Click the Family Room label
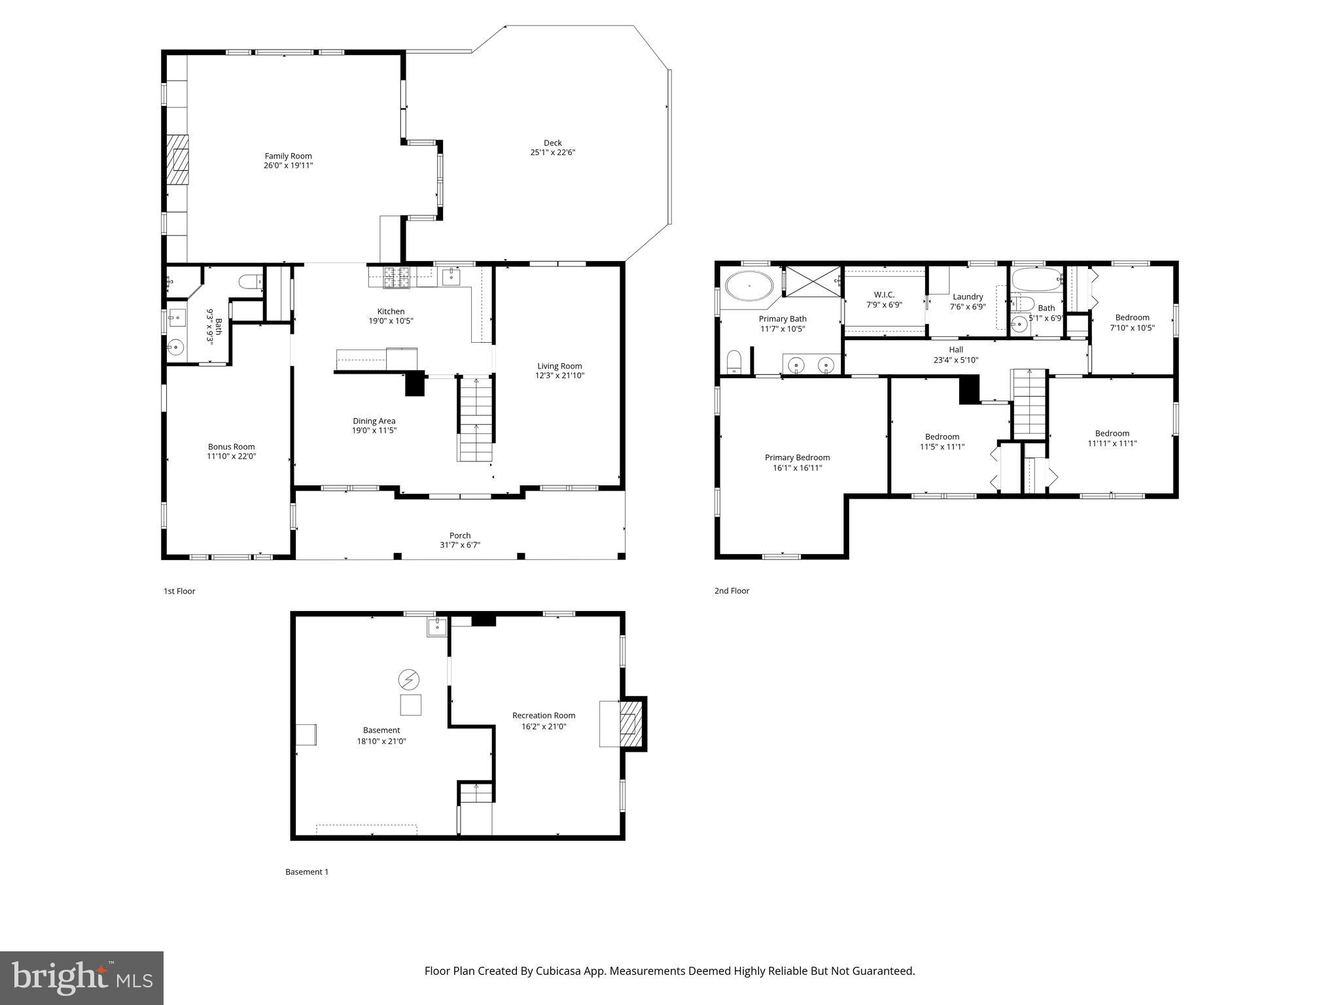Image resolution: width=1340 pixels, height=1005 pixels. point(288,156)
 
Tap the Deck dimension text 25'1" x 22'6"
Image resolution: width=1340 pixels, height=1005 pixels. point(552,152)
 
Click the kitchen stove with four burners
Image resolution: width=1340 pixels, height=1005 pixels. point(396,278)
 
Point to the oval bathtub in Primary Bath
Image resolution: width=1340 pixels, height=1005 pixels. point(749,287)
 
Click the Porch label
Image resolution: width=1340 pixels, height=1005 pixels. point(460,535)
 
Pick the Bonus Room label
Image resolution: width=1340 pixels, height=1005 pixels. point(231,447)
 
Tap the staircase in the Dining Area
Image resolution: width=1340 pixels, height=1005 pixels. point(475,419)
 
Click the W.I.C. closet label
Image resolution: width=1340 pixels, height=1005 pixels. point(884,294)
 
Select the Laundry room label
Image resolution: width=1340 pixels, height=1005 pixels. point(968,296)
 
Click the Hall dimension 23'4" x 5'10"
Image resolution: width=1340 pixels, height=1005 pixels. point(955,360)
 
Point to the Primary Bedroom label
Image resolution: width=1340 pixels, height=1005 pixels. point(797,457)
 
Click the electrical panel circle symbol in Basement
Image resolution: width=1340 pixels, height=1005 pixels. point(408,680)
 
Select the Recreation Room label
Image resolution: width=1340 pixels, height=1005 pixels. point(543,715)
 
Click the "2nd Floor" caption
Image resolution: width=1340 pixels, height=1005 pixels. point(732,591)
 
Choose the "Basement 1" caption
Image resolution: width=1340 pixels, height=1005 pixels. point(307,872)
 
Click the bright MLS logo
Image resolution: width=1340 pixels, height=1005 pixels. point(82,978)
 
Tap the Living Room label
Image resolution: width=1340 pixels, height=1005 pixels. point(559,366)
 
